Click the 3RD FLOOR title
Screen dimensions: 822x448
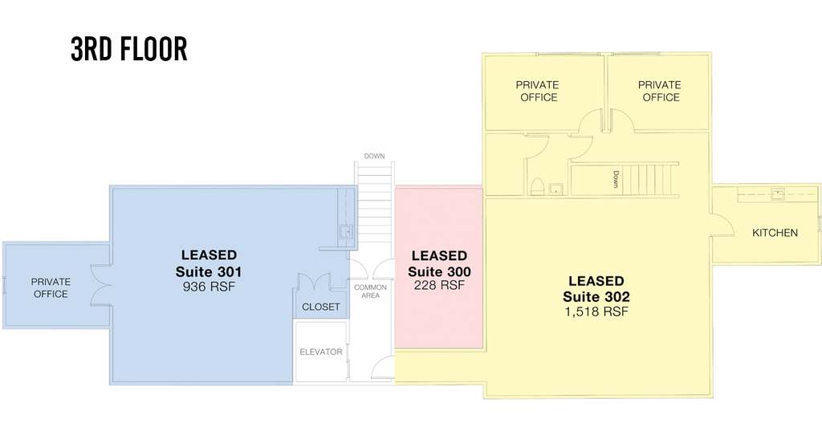[x=129, y=49]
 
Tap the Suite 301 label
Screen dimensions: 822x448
[x=209, y=271]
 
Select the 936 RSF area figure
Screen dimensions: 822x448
[x=209, y=287]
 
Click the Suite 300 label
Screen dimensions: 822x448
[x=439, y=271]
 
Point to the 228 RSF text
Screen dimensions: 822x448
[x=439, y=285]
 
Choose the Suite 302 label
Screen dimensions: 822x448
[x=596, y=297]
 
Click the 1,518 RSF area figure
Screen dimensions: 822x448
[x=596, y=312]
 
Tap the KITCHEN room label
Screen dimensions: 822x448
[x=775, y=233]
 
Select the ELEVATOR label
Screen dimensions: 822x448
[x=321, y=352]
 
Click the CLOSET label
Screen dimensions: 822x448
[x=321, y=307]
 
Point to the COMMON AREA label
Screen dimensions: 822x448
[x=370, y=291]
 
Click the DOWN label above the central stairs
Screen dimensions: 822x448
[x=374, y=156]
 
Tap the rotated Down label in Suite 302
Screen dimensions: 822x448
[x=616, y=179]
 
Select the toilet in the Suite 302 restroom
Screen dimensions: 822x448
[x=537, y=187]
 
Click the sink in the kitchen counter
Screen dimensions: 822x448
[x=777, y=194]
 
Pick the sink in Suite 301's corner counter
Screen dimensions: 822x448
[x=345, y=230]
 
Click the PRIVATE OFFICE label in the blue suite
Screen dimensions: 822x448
[x=51, y=288]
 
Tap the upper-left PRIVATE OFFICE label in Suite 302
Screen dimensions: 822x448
[x=538, y=92]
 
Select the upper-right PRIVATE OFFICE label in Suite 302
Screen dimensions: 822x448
[x=660, y=92]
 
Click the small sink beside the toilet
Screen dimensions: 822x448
[x=555, y=189]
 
